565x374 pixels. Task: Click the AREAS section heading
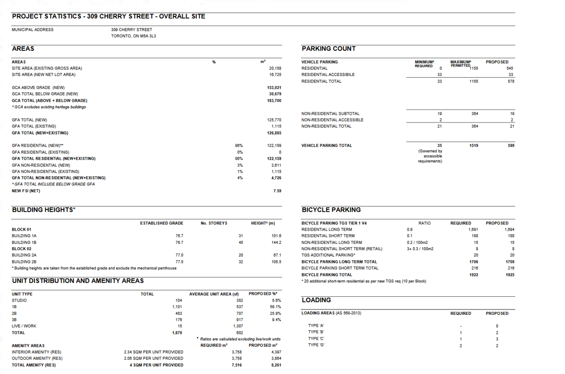click(x=23, y=49)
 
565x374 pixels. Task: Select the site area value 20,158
click(x=275, y=68)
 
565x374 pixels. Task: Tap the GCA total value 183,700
click(x=274, y=101)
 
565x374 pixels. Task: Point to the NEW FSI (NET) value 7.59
click(x=277, y=191)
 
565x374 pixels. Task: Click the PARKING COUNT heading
click(x=328, y=49)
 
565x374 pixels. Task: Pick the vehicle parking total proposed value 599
click(x=511, y=146)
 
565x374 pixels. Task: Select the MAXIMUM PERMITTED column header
click(x=461, y=64)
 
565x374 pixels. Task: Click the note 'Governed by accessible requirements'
click(x=430, y=156)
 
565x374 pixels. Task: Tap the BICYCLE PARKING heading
click(x=331, y=210)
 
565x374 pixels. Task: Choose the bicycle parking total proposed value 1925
click(x=509, y=275)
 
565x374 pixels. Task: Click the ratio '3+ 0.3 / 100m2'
click(x=420, y=249)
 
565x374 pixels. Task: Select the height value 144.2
click(x=276, y=243)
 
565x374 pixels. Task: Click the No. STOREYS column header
click(x=214, y=223)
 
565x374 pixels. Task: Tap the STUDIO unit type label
click(x=19, y=300)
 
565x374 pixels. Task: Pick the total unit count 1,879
click(x=177, y=333)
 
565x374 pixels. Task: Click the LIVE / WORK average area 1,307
click(x=237, y=326)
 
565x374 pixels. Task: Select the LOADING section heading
click(x=316, y=300)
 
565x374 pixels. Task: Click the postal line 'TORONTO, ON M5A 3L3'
click(x=133, y=36)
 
